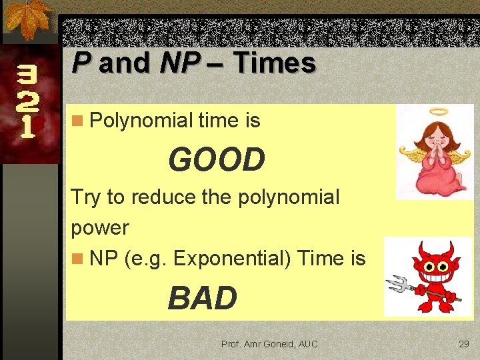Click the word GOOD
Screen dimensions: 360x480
point(217,160)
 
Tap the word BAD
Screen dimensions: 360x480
point(203,298)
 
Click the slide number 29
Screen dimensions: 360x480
point(464,344)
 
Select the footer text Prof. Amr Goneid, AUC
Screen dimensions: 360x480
point(269,344)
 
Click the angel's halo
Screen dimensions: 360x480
point(439,112)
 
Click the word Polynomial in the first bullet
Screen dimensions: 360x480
point(141,121)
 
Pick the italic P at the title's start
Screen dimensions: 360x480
point(81,64)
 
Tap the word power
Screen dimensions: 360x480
point(99,227)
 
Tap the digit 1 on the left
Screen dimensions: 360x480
point(27,127)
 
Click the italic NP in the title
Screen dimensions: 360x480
point(179,64)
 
